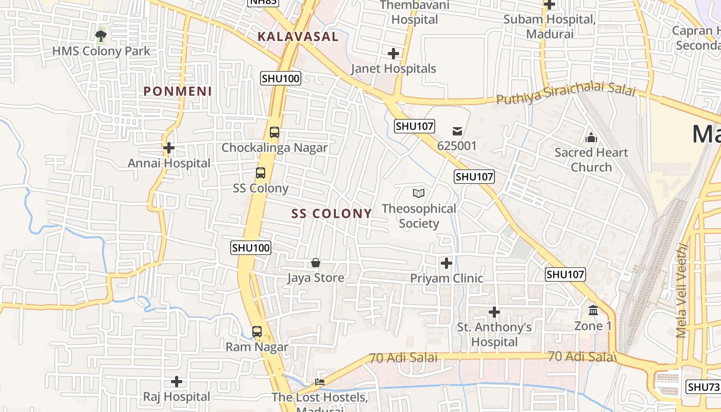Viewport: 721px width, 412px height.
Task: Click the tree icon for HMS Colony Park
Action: [x=101, y=36]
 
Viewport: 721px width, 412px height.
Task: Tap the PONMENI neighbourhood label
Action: [x=178, y=91]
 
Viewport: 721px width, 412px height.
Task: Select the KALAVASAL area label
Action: [x=298, y=37]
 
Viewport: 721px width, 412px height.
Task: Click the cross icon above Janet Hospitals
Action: [x=393, y=53]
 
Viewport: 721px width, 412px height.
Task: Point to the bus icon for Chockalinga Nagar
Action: [x=274, y=132]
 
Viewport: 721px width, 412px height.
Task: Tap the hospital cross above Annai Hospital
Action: [x=168, y=148]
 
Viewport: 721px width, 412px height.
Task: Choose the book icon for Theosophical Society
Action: [x=419, y=194]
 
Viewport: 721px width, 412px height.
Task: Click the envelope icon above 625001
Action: [x=457, y=131]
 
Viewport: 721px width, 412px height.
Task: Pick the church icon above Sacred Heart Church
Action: [x=591, y=138]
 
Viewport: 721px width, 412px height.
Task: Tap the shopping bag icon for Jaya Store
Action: [x=316, y=263]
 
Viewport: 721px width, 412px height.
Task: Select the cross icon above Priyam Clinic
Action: [x=447, y=263]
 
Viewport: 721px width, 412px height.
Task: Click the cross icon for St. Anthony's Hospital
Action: [x=494, y=312]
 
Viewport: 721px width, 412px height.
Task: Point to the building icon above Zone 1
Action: [x=593, y=311]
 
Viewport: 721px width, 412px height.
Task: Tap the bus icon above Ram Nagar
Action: [x=257, y=332]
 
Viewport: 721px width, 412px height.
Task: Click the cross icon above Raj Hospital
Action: [x=177, y=382]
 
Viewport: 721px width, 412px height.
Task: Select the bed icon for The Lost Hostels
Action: [x=320, y=382]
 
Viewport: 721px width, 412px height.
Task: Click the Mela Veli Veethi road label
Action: [x=682, y=290]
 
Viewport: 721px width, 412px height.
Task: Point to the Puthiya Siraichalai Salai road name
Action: [x=565, y=95]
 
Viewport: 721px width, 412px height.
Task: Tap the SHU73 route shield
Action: [x=702, y=387]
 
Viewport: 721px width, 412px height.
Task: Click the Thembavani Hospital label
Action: [x=415, y=12]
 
